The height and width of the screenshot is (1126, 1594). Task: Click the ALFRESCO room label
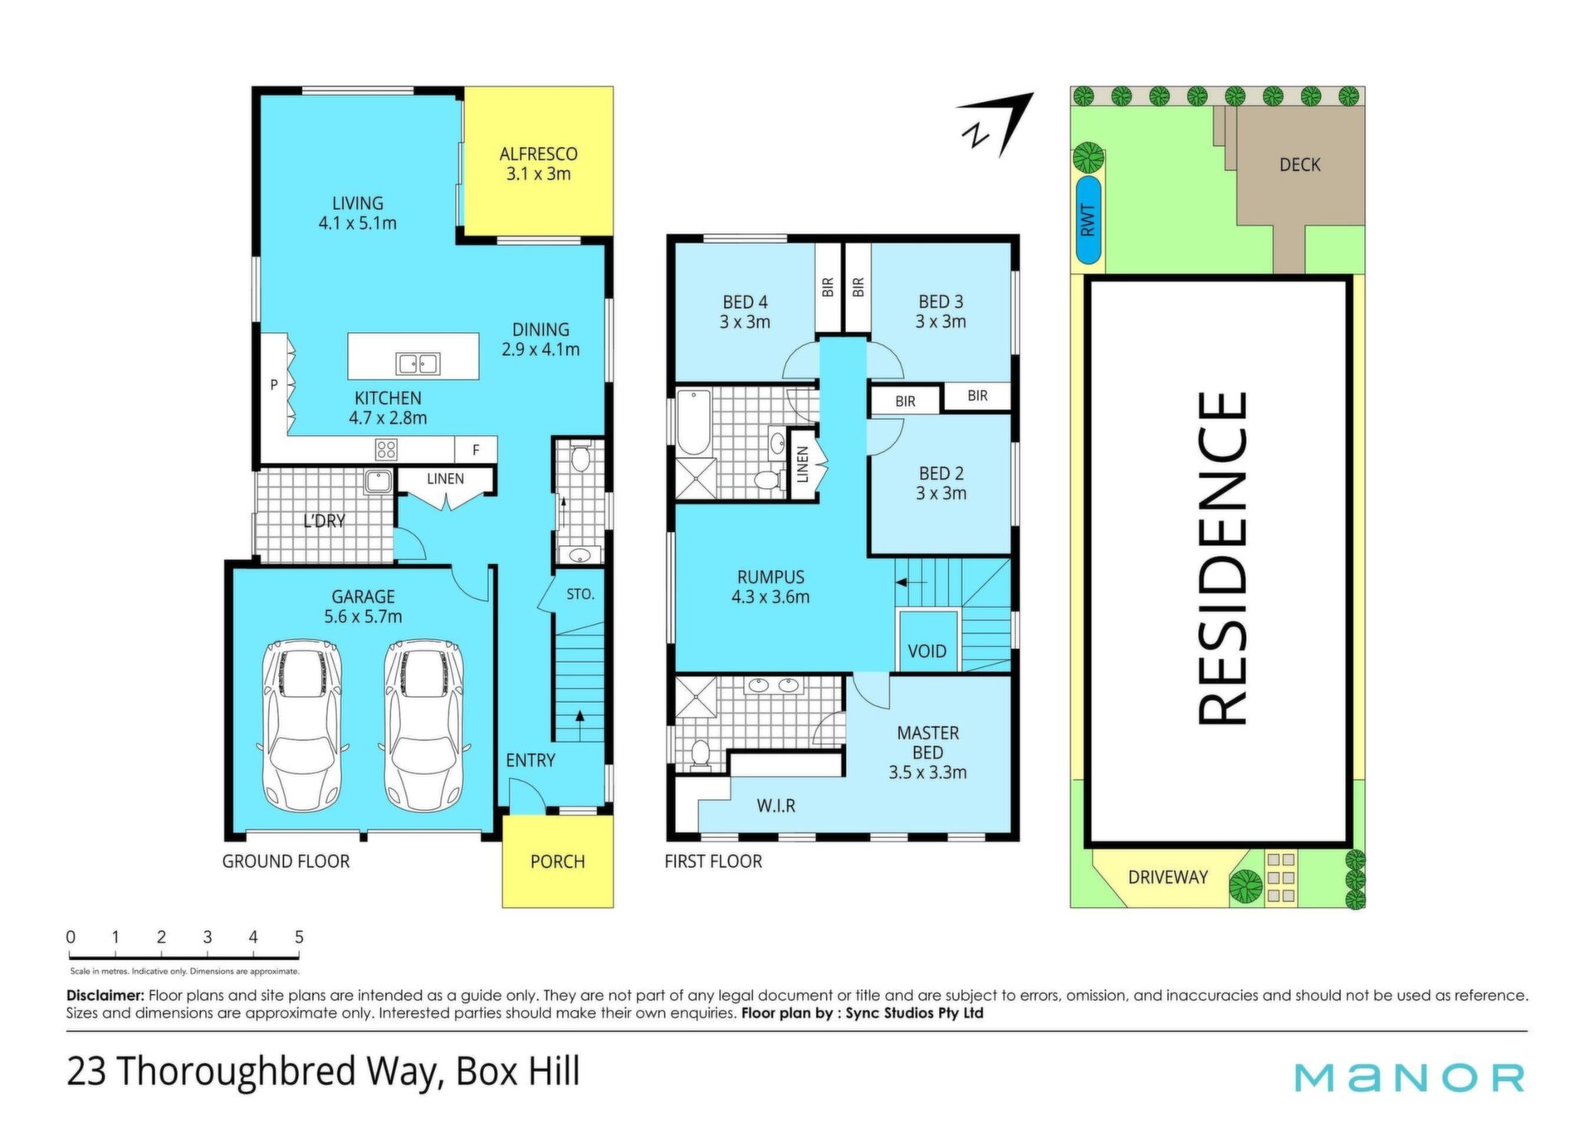[538, 154]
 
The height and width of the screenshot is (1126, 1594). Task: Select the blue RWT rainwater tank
[1088, 220]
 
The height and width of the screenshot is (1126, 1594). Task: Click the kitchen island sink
[418, 363]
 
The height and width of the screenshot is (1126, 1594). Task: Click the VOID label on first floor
[927, 651]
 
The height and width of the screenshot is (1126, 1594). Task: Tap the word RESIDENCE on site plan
[1223, 559]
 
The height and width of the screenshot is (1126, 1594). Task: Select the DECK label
[1299, 165]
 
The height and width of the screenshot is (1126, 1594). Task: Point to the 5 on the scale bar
[299, 937]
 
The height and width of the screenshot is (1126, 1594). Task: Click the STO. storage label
[580, 594]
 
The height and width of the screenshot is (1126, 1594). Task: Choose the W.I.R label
[775, 806]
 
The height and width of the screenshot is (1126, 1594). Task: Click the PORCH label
[557, 862]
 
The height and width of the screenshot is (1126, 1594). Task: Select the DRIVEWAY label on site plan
[1167, 877]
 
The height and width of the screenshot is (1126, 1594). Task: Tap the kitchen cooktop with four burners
[386, 450]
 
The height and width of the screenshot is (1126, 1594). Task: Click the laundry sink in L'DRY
[378, 481]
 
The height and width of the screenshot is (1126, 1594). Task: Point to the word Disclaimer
[105, 995]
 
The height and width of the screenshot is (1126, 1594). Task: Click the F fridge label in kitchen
[476, 450]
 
